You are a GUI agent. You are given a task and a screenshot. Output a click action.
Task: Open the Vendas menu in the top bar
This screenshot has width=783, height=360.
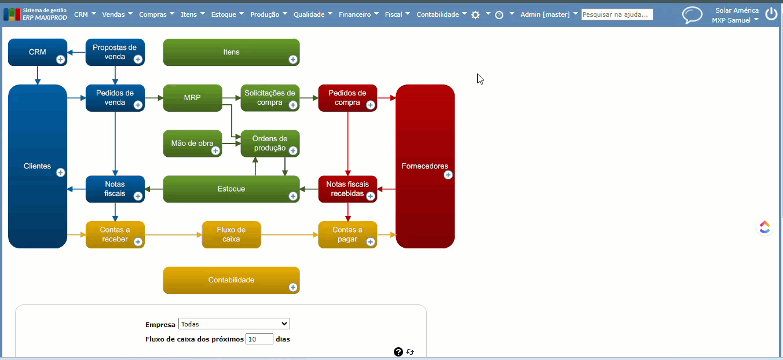point(117,14)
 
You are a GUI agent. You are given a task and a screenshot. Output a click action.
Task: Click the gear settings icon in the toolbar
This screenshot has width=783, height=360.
point(475,15)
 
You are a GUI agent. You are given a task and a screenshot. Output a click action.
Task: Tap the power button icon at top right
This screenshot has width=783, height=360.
point(771,14)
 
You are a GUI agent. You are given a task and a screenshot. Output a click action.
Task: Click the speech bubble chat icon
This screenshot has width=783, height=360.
point(691,15)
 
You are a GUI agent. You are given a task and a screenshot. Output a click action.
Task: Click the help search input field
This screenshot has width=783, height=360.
point(617,14)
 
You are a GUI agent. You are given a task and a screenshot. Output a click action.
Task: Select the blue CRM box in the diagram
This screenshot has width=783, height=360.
point(38,52)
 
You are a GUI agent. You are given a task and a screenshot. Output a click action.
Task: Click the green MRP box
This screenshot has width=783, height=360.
point(192,98)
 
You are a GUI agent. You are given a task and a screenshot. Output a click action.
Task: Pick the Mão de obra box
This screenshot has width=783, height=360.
point(192,144)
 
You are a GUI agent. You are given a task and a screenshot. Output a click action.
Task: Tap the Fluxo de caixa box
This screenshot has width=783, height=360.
point(231,234)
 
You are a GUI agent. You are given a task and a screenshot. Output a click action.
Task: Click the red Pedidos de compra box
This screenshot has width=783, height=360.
point(347,98)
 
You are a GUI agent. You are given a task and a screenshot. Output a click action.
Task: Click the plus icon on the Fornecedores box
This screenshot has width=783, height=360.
point(448,175)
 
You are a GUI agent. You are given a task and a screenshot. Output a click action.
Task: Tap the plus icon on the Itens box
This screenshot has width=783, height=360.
point(292,59)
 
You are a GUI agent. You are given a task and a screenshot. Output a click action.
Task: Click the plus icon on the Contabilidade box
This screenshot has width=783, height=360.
point(292,287)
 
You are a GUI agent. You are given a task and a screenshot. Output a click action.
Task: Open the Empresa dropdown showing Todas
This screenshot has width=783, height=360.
point(234,324)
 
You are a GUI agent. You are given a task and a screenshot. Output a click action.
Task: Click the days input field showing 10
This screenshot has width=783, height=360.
point(259,339)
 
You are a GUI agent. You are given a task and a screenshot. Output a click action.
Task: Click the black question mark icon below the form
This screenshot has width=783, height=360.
point(398,352)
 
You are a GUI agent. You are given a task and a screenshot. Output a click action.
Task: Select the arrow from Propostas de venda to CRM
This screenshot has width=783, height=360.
point(76,53)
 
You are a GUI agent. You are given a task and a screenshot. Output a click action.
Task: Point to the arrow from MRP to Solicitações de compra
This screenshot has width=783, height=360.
point(232,98)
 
